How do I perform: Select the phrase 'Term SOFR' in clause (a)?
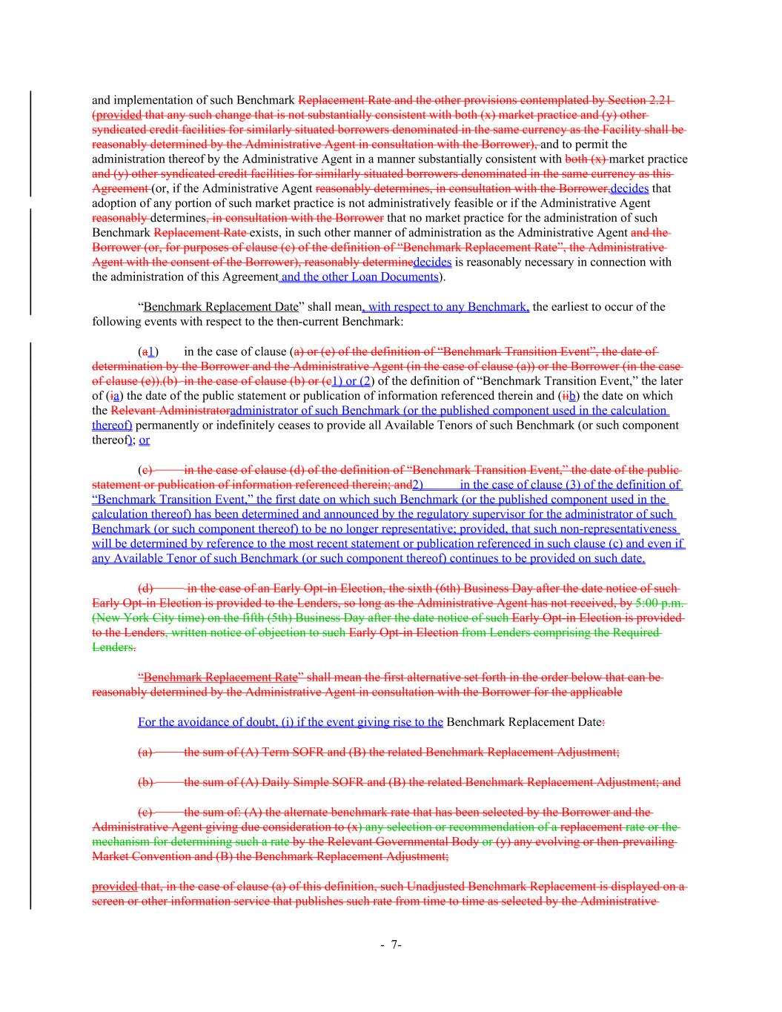point(281,752)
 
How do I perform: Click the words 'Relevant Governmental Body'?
point(389,841)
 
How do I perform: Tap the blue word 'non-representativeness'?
point(620,529)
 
